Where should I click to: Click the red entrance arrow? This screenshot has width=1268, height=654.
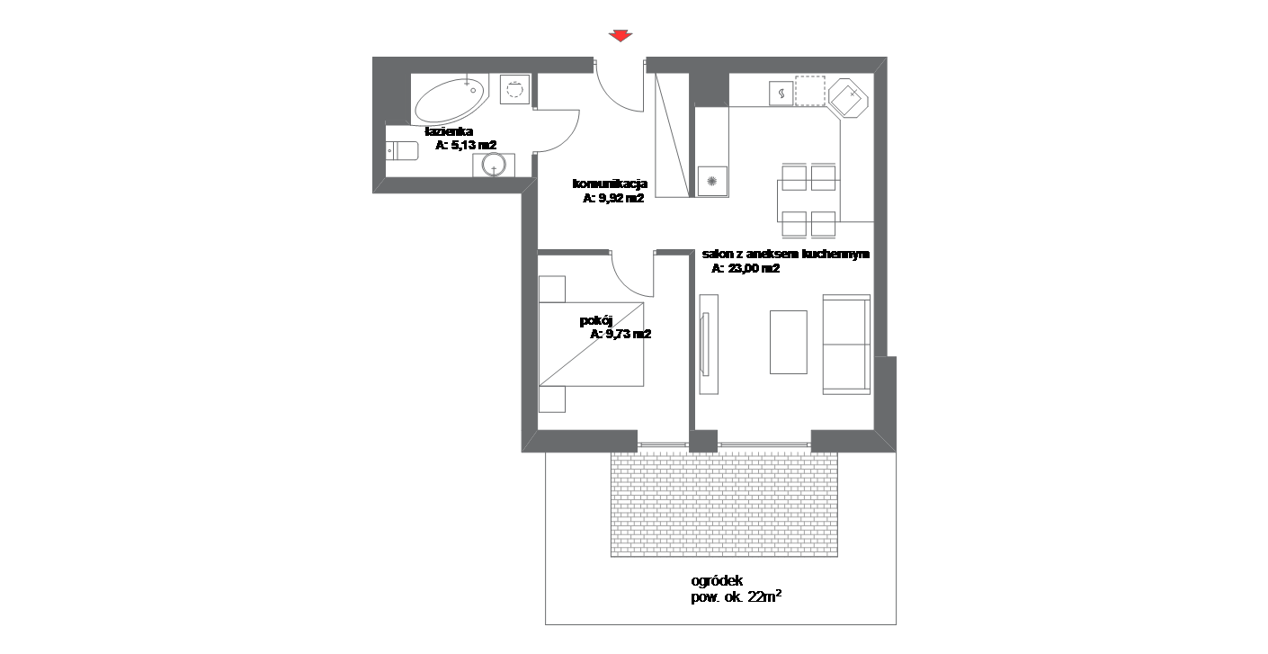(621, 36)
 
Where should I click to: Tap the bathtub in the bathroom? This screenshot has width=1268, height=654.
(451, 100)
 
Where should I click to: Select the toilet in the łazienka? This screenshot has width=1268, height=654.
(402, 150)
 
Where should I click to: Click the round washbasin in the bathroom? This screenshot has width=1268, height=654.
(494, 165)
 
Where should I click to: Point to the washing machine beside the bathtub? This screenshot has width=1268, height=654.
(514, 89)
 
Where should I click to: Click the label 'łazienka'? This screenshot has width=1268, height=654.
(449, 131)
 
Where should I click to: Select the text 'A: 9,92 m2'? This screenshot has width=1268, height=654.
(613, 198)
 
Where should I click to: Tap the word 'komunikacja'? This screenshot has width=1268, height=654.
(611, 184)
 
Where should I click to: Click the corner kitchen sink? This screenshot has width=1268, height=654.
(848, 98)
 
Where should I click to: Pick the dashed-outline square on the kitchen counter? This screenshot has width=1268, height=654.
(810, 91)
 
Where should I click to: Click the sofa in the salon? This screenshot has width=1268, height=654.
(846, 345)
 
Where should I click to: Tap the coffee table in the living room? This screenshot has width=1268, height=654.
(789, 342)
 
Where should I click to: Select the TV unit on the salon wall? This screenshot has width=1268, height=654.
(708, 345)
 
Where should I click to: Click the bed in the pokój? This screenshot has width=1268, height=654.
(591, 345)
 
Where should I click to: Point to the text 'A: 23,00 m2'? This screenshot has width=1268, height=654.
(746, 268)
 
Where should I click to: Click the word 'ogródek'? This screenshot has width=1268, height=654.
(717, 581)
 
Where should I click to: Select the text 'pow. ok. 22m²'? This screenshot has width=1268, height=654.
(737, 596)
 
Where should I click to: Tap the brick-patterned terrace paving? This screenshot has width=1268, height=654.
(724, 504)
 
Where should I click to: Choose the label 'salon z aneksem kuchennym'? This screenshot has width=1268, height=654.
(786, 255)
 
